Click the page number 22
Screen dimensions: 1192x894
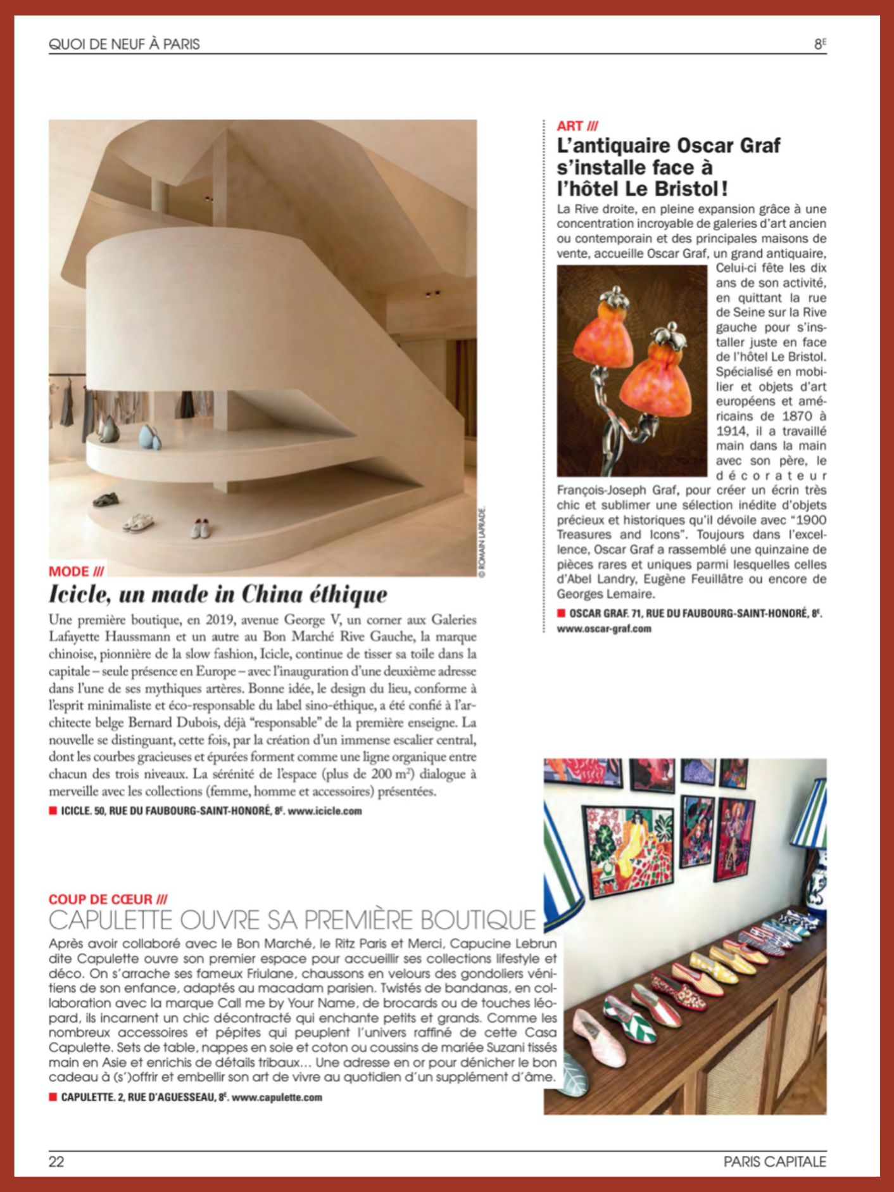click(x=56, y=1161)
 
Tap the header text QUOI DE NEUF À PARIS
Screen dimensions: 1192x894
click(x=124, y=44)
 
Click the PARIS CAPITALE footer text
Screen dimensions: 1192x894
click(x=775, y=1161)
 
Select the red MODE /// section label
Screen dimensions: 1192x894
click(x=76, y=571)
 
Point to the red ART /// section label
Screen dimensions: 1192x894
click(x=577, y=126)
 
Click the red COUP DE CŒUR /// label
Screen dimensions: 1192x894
click(x=108, y=899)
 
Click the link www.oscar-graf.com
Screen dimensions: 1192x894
click(x=604, y=629)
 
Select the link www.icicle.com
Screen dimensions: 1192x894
click(x=325, y=811)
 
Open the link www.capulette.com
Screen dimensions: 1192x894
click(x=277, y=1098)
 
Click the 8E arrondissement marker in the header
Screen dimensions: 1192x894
click(x=820, y=44)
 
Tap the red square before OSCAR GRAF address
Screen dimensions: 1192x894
click(x=560, y=613)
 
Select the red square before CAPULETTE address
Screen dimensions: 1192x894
click(x=53, y=1098)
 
